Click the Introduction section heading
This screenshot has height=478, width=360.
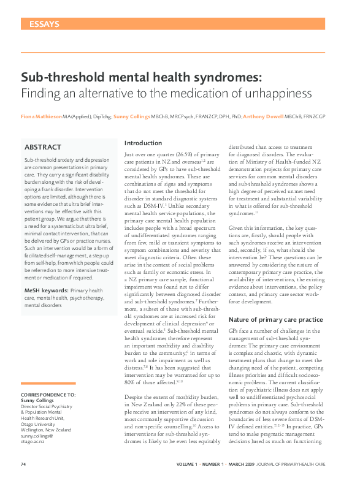coord(143,143)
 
